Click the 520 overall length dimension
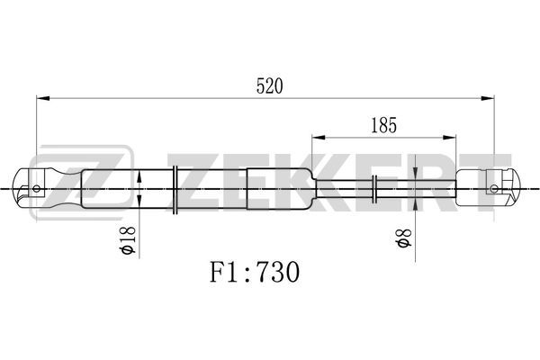point(269,86)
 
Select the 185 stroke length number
point(383,125)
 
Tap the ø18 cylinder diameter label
point(127,240)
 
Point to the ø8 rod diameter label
point(403,238)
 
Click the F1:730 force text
point(255,272)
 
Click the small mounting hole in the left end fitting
point(36,188)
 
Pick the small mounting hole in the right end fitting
point(494,188)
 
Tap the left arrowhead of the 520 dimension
point(43,98)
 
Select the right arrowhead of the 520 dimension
point(488,98)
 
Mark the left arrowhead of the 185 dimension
point(319,138)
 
